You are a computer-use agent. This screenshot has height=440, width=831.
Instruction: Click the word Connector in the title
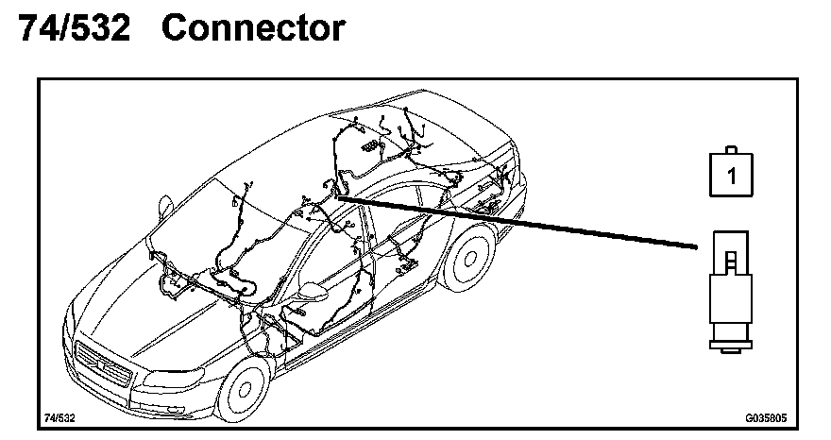(252, 28)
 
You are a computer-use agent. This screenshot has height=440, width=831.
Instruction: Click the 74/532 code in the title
(74, 28)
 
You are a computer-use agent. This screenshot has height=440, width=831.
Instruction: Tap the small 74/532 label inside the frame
(59, 416)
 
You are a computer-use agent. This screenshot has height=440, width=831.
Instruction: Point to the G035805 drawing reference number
(765, 416)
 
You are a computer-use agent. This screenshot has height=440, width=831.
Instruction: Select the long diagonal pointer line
(519, 220)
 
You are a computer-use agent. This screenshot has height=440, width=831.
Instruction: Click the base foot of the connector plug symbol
(729, 351)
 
